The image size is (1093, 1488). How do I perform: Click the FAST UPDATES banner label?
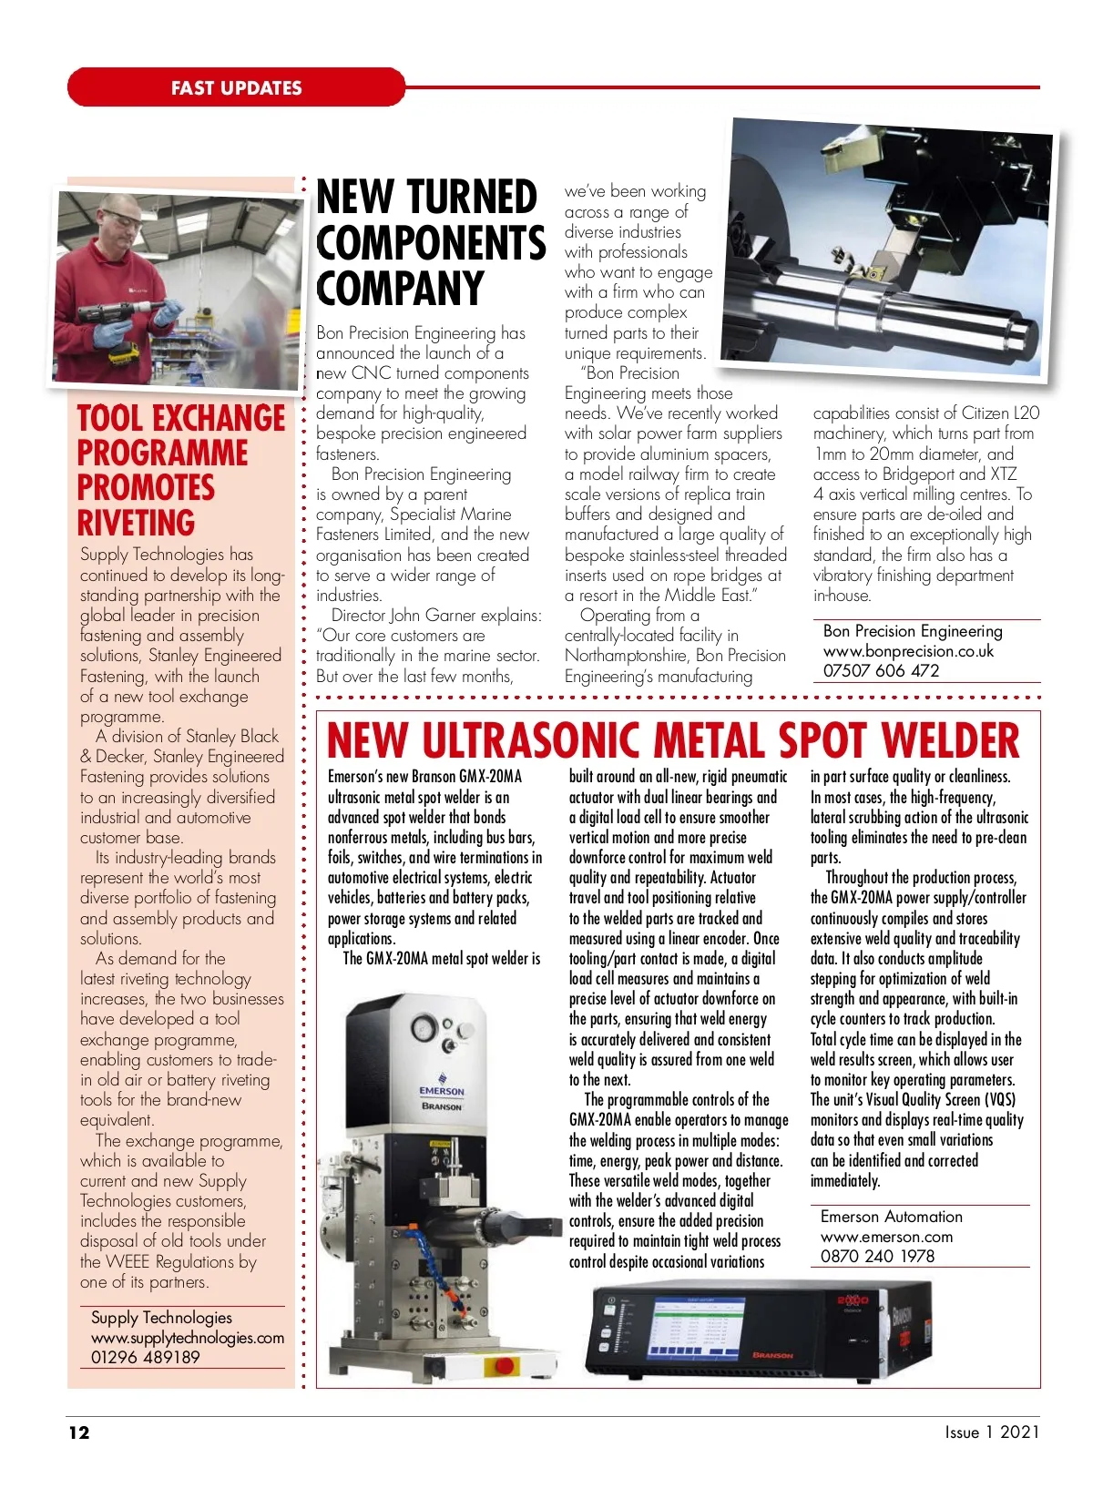click(x=236, y=88)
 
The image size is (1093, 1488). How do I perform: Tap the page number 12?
click(x=79, y=1432)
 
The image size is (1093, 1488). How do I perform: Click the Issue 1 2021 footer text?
click(x=991, y=1432)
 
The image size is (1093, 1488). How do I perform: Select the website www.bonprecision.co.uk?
click(x=908, y=651)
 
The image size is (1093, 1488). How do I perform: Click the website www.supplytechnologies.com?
click(x=188, y=1338)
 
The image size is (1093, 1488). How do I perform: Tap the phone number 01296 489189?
click(x=145, y=1357)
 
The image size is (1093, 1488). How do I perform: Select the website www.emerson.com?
click(x=886, y=1237)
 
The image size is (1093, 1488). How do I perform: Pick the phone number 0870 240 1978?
click(x=877, y=1257)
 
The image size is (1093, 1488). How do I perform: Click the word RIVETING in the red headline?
click(x=136, y=524)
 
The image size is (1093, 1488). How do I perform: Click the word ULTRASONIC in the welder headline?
click(x=529, y=741)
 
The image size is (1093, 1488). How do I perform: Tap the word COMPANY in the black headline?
click(x=400, y=289)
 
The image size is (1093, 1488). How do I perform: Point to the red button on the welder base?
click(x=502, y=1366)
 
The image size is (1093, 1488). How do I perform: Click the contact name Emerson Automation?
click(x=891, y=1217)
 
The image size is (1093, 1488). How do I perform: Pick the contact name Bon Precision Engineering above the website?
click(x=913, y=631)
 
